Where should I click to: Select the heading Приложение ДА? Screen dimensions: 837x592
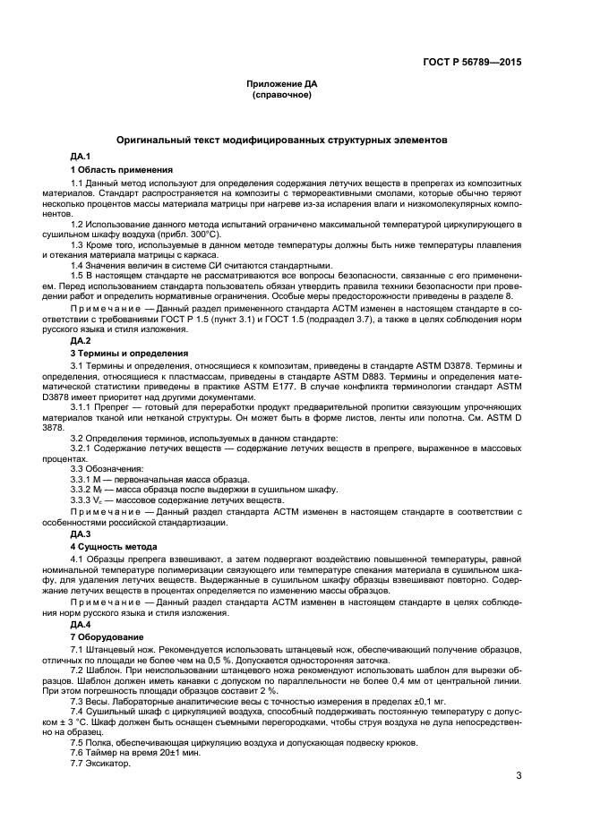(282, 83)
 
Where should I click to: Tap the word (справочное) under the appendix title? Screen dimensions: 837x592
(282, 94)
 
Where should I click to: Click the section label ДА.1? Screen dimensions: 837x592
(80, 157)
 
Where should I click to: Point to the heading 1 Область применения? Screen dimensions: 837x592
(121, 169)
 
